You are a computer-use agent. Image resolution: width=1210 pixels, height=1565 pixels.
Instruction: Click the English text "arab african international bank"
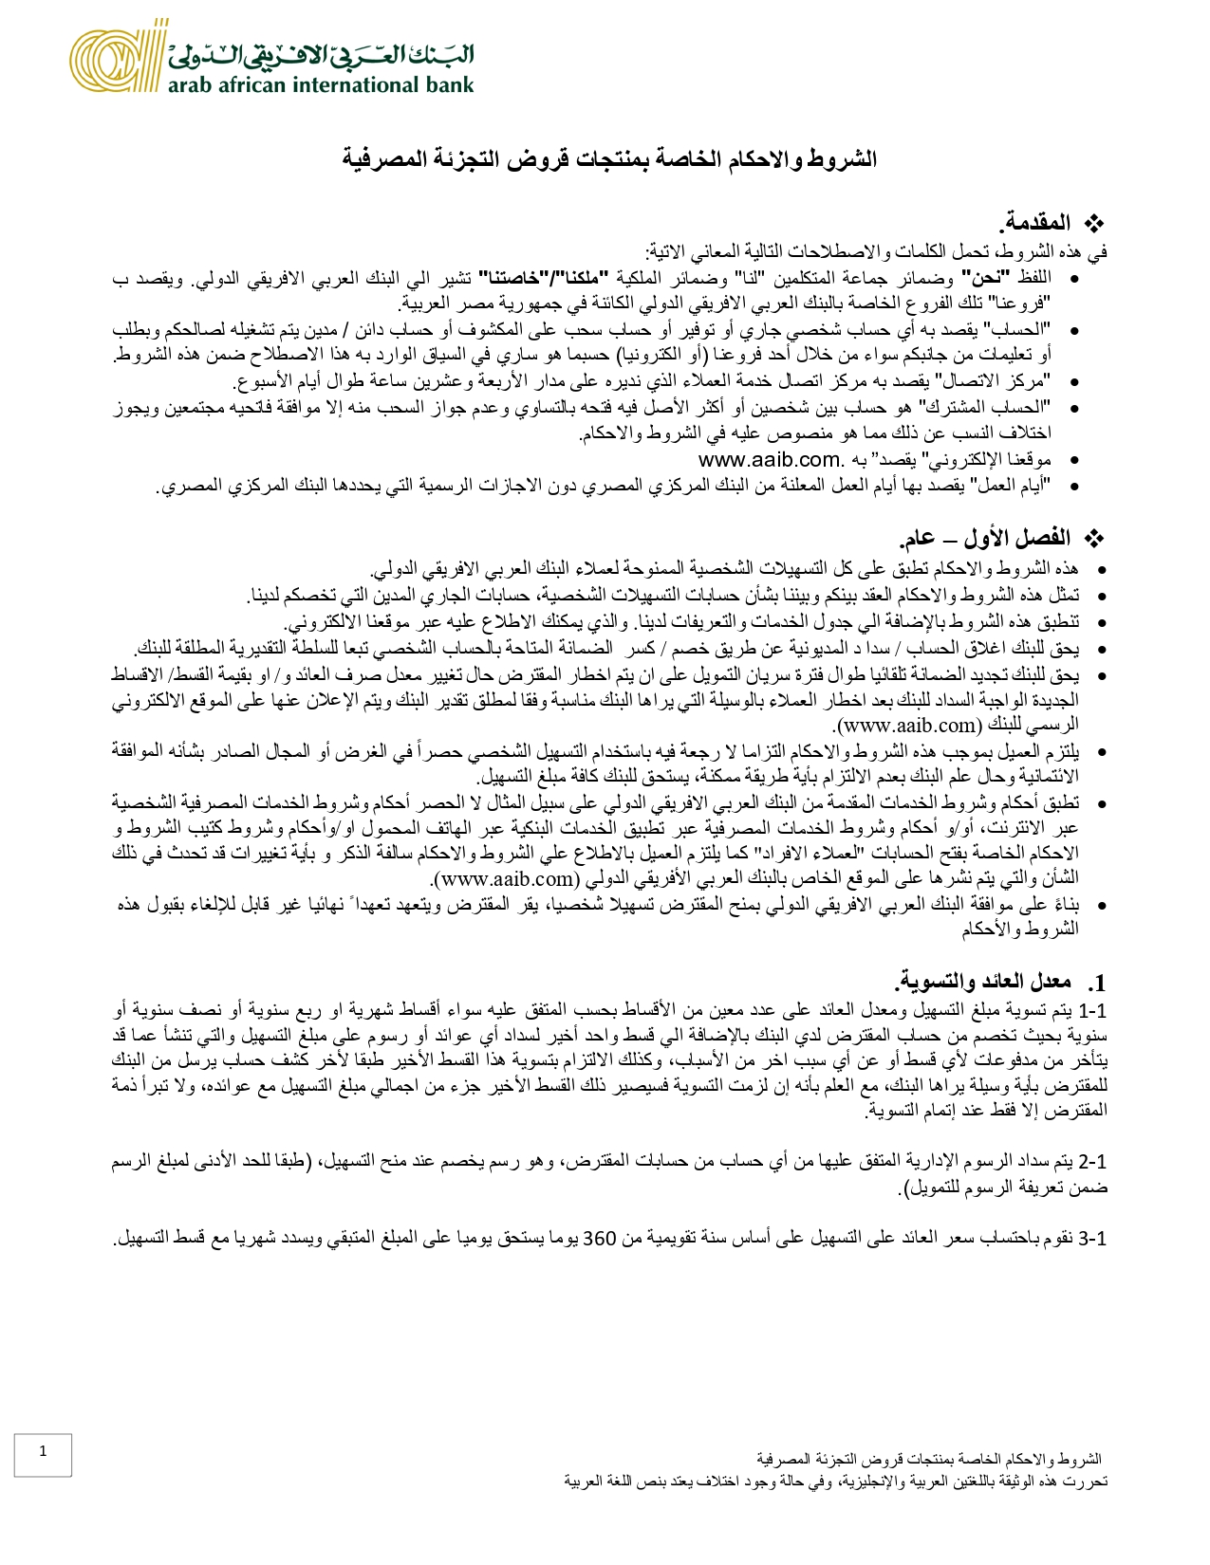coord(321,85)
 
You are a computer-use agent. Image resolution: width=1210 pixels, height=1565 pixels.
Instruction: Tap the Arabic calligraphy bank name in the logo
coord(321,55)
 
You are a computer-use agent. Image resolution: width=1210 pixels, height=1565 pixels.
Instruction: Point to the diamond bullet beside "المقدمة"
coord(1095,225)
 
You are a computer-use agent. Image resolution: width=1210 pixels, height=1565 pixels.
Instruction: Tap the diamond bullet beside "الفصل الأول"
coord(1095,540)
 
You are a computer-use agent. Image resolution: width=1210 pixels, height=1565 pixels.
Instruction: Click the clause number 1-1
coord(1093,1009)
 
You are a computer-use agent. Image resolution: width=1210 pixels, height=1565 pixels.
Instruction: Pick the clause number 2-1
coord(1093,1162)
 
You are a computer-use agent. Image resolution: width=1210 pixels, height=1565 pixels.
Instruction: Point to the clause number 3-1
coord(1093,1239)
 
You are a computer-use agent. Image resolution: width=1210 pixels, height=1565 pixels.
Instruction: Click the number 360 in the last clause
coord(600,1239)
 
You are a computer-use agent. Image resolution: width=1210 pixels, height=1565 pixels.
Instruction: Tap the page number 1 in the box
coord(43,1450)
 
